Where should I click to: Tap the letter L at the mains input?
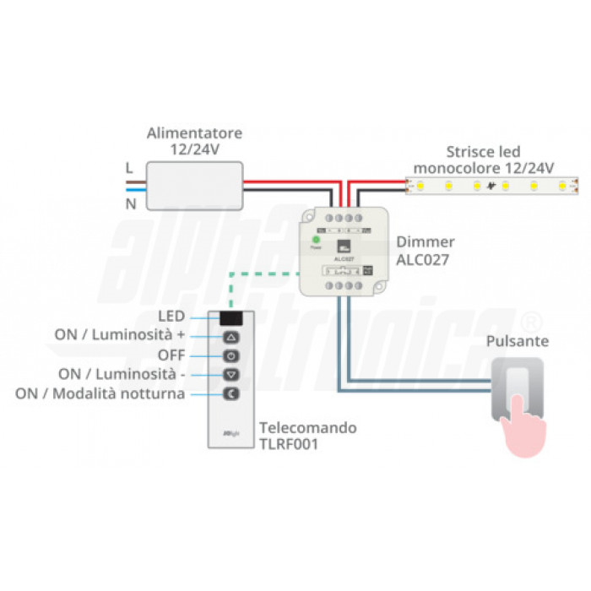coord(129,167)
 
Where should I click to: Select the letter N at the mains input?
coord(130,204)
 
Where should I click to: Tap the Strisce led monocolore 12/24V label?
coord(484,160)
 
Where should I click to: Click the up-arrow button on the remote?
coord(232,336)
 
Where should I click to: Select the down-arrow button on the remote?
coord(232,374)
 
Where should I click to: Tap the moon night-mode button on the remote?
coord(232,393)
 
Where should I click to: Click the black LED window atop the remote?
coord(232,317)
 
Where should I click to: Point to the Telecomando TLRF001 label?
coord(307,436)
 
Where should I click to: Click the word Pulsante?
coord(518,341)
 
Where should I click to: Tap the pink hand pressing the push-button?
coord(517,424)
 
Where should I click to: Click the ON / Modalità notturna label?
coord(100,393)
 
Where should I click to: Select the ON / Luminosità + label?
coord(120,334)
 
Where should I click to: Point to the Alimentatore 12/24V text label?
coord(194,140)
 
